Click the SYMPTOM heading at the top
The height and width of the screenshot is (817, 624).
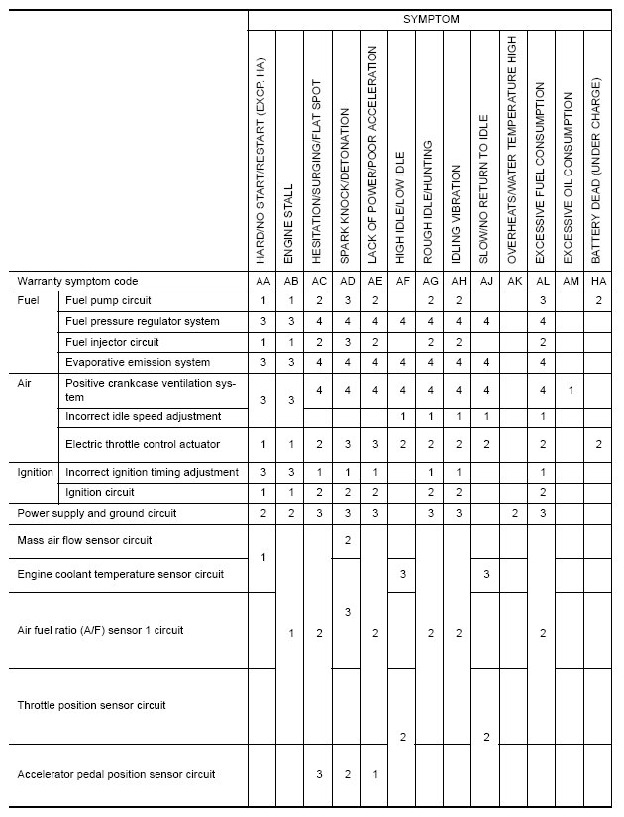click(x=431, y=19)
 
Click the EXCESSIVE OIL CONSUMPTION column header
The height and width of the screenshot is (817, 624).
click(x=569, y=178)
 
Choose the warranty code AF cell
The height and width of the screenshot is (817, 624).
click(x=402, y=281)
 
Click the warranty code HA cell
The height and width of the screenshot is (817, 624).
click(x=598, y=281)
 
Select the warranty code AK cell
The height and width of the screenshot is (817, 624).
click(x=513, y=281)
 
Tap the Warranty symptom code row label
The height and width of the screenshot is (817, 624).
click(x=75, y=281)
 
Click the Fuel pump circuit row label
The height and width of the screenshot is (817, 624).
click(x=108, y=300)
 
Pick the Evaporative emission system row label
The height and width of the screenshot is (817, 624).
click(x=138, y=362)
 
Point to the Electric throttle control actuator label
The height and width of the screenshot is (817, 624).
click(x=142, y=444)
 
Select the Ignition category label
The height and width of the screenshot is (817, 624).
click(x=36, y=472)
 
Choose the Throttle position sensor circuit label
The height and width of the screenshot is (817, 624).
click(x=92, y=705)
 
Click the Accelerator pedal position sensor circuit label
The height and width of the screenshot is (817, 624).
click(x=117, y=774)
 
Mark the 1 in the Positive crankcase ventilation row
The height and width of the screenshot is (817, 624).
click(x=570, y=390)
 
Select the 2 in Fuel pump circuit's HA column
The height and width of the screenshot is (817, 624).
click(x=599, y=300)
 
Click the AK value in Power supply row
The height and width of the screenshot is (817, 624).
click(x=514, y=513)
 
